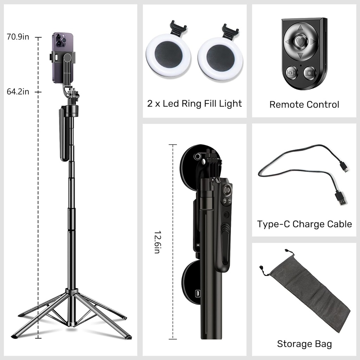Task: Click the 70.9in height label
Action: click(18, 37)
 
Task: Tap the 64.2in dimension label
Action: click(18, 92)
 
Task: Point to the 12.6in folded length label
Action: click(157, 242)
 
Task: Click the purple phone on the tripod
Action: click(62, 58)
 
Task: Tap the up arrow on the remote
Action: click(300, 27)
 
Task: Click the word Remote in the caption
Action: click(285, 104)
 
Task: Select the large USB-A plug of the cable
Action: click(340, 198)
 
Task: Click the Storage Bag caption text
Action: click(304, 343)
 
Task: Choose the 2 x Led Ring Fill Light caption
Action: click(194, 103)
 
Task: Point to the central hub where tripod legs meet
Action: click(71, 291)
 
